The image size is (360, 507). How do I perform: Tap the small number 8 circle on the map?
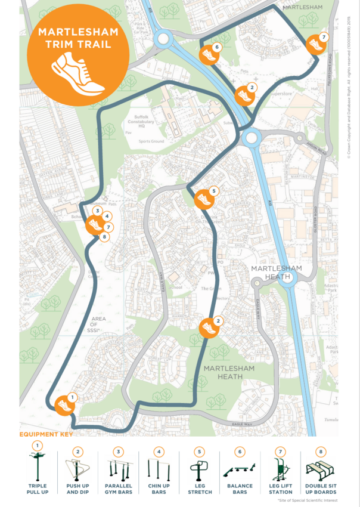[105, 237]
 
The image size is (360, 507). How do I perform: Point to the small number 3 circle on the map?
[96, 211]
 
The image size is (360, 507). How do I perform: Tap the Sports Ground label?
[151, 141]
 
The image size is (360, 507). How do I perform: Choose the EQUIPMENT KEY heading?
[46, 434]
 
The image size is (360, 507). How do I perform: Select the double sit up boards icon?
[320, 469]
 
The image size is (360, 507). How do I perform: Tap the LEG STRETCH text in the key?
[199, 489]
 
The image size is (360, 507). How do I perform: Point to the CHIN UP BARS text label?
[159, 489]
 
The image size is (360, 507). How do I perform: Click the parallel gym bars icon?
[118, 469]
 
